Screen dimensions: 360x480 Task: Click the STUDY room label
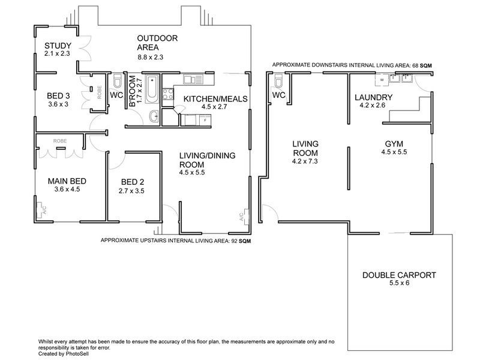58,46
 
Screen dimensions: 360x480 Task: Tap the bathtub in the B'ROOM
152,86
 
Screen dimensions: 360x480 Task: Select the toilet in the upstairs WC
118,82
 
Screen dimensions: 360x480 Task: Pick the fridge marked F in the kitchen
205,120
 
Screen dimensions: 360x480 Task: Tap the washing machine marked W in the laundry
381,79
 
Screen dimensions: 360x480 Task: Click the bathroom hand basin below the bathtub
152,116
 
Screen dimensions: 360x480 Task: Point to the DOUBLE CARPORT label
398,276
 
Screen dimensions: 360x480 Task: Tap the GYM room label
394,143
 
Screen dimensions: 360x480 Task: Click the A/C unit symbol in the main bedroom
41,209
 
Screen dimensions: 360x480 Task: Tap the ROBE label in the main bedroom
60,141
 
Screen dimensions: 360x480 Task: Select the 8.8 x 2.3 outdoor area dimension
150,57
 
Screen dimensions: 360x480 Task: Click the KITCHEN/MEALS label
215,98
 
